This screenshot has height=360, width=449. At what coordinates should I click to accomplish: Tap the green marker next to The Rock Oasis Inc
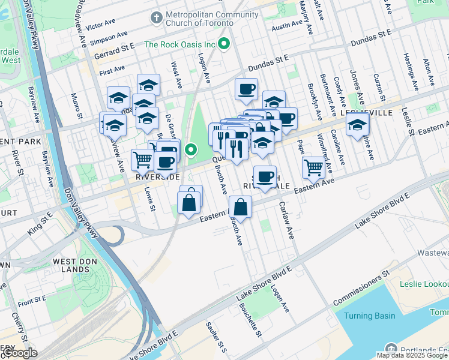pyautogui.click(x=224, y=43)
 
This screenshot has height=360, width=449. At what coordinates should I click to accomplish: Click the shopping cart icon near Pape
pyautogui.click(x=313, y=167)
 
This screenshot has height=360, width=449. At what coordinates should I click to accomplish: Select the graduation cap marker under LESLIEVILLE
pyautogui.click(x=357, y=125)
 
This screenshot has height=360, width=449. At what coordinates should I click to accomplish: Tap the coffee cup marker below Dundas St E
pyautogui.click(x=246, y=89)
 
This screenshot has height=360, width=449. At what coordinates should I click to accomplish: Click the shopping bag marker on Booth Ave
pyautogui.click(x=240, y=208)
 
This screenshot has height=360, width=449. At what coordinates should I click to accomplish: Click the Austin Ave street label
pyautogui.click(x=286, y=25)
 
